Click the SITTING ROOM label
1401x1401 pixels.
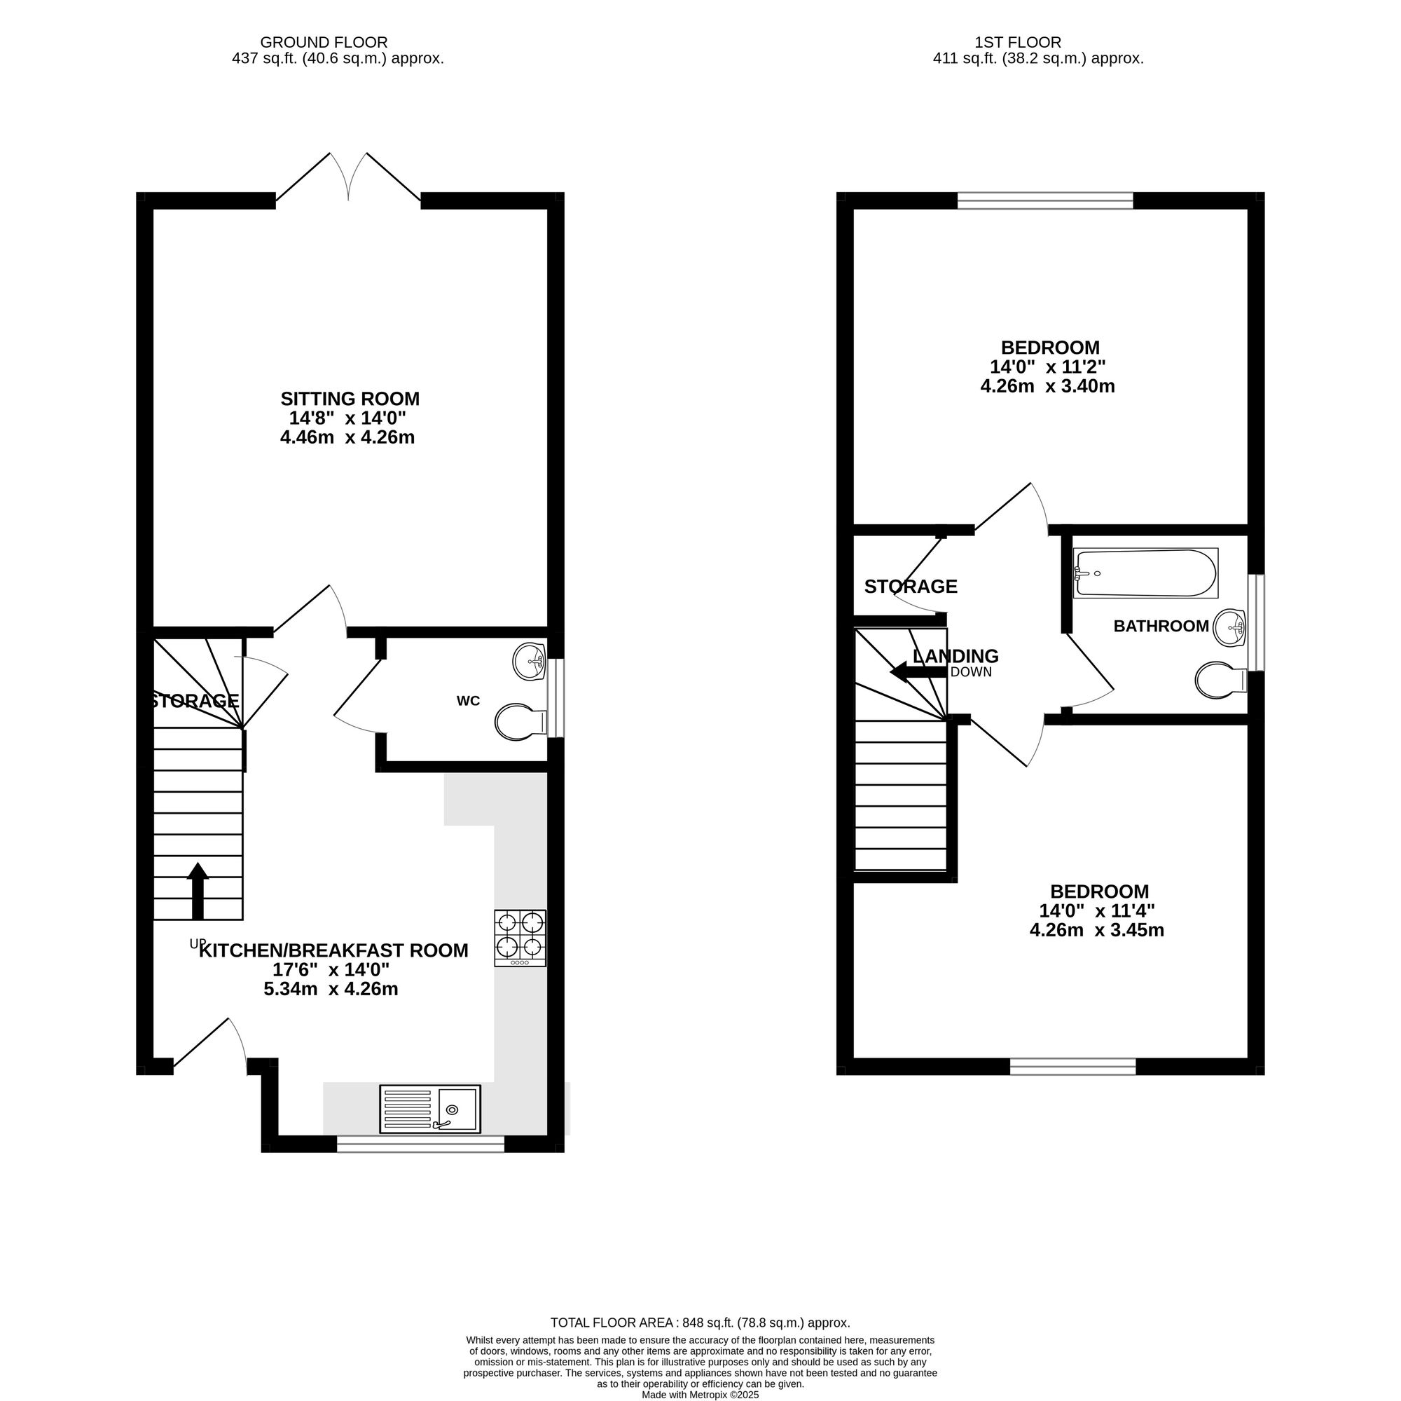pyautogui.click(x=350, y=398)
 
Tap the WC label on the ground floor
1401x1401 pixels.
pyautogui.click(x=468, y=701)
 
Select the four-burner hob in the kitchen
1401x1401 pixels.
pyautogui.click(x=520, y=938)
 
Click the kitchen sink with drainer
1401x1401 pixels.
pyautogui.click(x=429, y=1109)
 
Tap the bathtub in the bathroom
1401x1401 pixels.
pyautogui.click(x=1145, y=573)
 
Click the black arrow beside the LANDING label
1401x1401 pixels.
pyautogui.click(x=918, y=672)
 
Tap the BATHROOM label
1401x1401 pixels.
pyautogui.click(x=1161, y=625)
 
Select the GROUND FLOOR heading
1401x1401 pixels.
pyautogui.click(x=324, y=43)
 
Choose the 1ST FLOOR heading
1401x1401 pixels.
pyautogui.click(x=1018, y=43)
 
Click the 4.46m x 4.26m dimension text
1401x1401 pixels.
pyautogui.click(x=347, y=437)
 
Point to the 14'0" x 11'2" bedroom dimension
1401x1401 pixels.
pyautogui.click(x=1048, y=367)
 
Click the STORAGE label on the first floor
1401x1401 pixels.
pyautogui.click(x=910, y=586)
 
